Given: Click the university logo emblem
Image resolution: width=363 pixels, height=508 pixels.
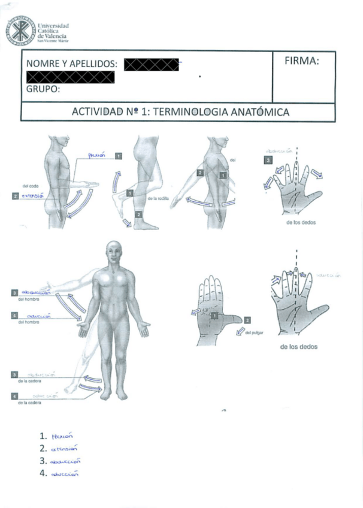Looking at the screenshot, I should [20, 31].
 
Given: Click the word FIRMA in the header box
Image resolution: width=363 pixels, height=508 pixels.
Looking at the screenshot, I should [301, 61].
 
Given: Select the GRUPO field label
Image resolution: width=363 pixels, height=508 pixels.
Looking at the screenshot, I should [44, 89].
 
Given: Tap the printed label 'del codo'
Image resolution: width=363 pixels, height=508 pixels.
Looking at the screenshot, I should [30, 186].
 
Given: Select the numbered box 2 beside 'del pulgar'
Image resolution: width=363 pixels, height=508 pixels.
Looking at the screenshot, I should [247, 320].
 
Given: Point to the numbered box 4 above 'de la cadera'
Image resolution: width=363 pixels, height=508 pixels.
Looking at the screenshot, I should [14, 395].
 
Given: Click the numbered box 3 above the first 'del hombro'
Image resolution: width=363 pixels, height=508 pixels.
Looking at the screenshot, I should [14, 292].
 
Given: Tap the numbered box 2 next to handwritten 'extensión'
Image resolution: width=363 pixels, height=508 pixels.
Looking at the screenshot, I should [14, 195].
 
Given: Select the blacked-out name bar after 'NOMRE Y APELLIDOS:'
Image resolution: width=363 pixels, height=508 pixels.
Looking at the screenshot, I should [152, 64].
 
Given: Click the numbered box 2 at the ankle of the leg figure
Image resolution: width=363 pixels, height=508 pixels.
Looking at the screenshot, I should [139, 214].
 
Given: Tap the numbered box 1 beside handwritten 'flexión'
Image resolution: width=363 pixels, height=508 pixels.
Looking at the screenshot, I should [119, 156].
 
